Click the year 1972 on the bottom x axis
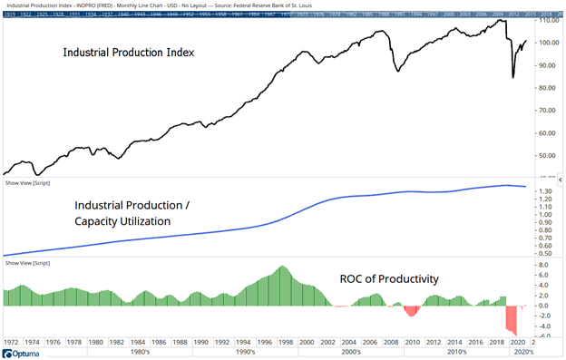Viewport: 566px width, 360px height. click(13, 343)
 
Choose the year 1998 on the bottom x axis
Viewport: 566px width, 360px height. click(284, 343)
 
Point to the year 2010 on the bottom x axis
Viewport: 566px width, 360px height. click(411, 343)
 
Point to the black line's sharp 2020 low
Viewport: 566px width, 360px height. click(513, 77)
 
